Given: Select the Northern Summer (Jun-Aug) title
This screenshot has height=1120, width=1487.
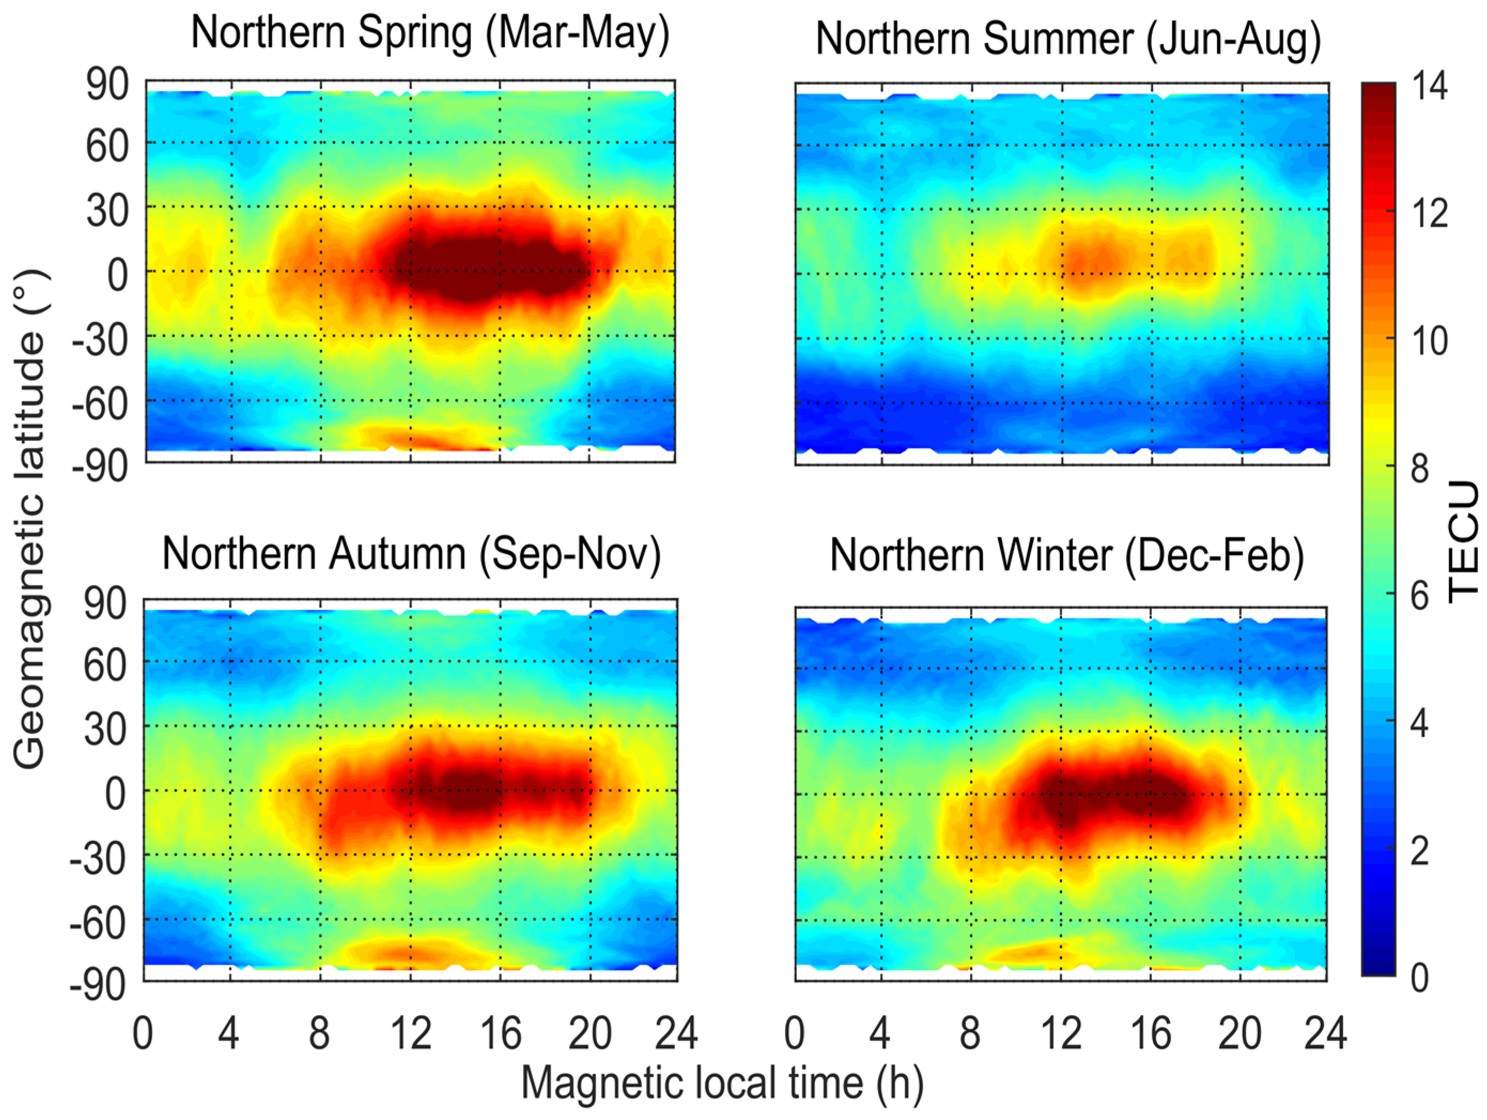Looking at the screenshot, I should pos(1068,39).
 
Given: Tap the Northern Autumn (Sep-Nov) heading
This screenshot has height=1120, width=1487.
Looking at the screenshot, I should pos(412,554).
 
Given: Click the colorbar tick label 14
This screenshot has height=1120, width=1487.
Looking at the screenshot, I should pos(1429,86).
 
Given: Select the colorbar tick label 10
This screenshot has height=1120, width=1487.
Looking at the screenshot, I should pos(1429,341).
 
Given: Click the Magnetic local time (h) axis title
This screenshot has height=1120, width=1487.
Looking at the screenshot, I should pos(722,1083).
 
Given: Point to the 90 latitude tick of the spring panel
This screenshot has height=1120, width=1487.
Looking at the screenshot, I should pos(107,86).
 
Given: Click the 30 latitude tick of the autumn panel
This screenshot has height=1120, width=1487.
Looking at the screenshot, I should pos(105,729).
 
